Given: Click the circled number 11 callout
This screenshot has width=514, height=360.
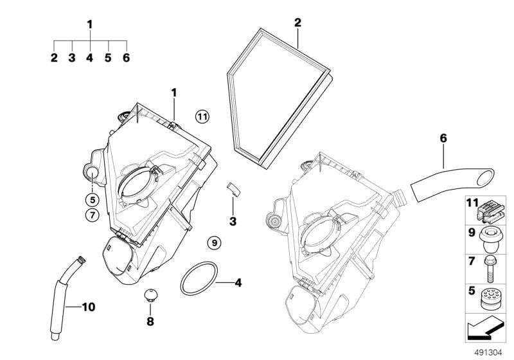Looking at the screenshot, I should tap(202, 116).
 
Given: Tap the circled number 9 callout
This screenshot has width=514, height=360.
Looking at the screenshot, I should tap(213, 242).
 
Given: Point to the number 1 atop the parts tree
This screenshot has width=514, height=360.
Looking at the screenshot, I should tap(90, 24).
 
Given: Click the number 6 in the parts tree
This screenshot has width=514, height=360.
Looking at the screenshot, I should tap(126, 58).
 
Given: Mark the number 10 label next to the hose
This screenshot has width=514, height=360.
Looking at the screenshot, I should tap(89, 307).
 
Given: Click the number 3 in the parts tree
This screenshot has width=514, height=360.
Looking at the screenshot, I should tap(72, 58).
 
